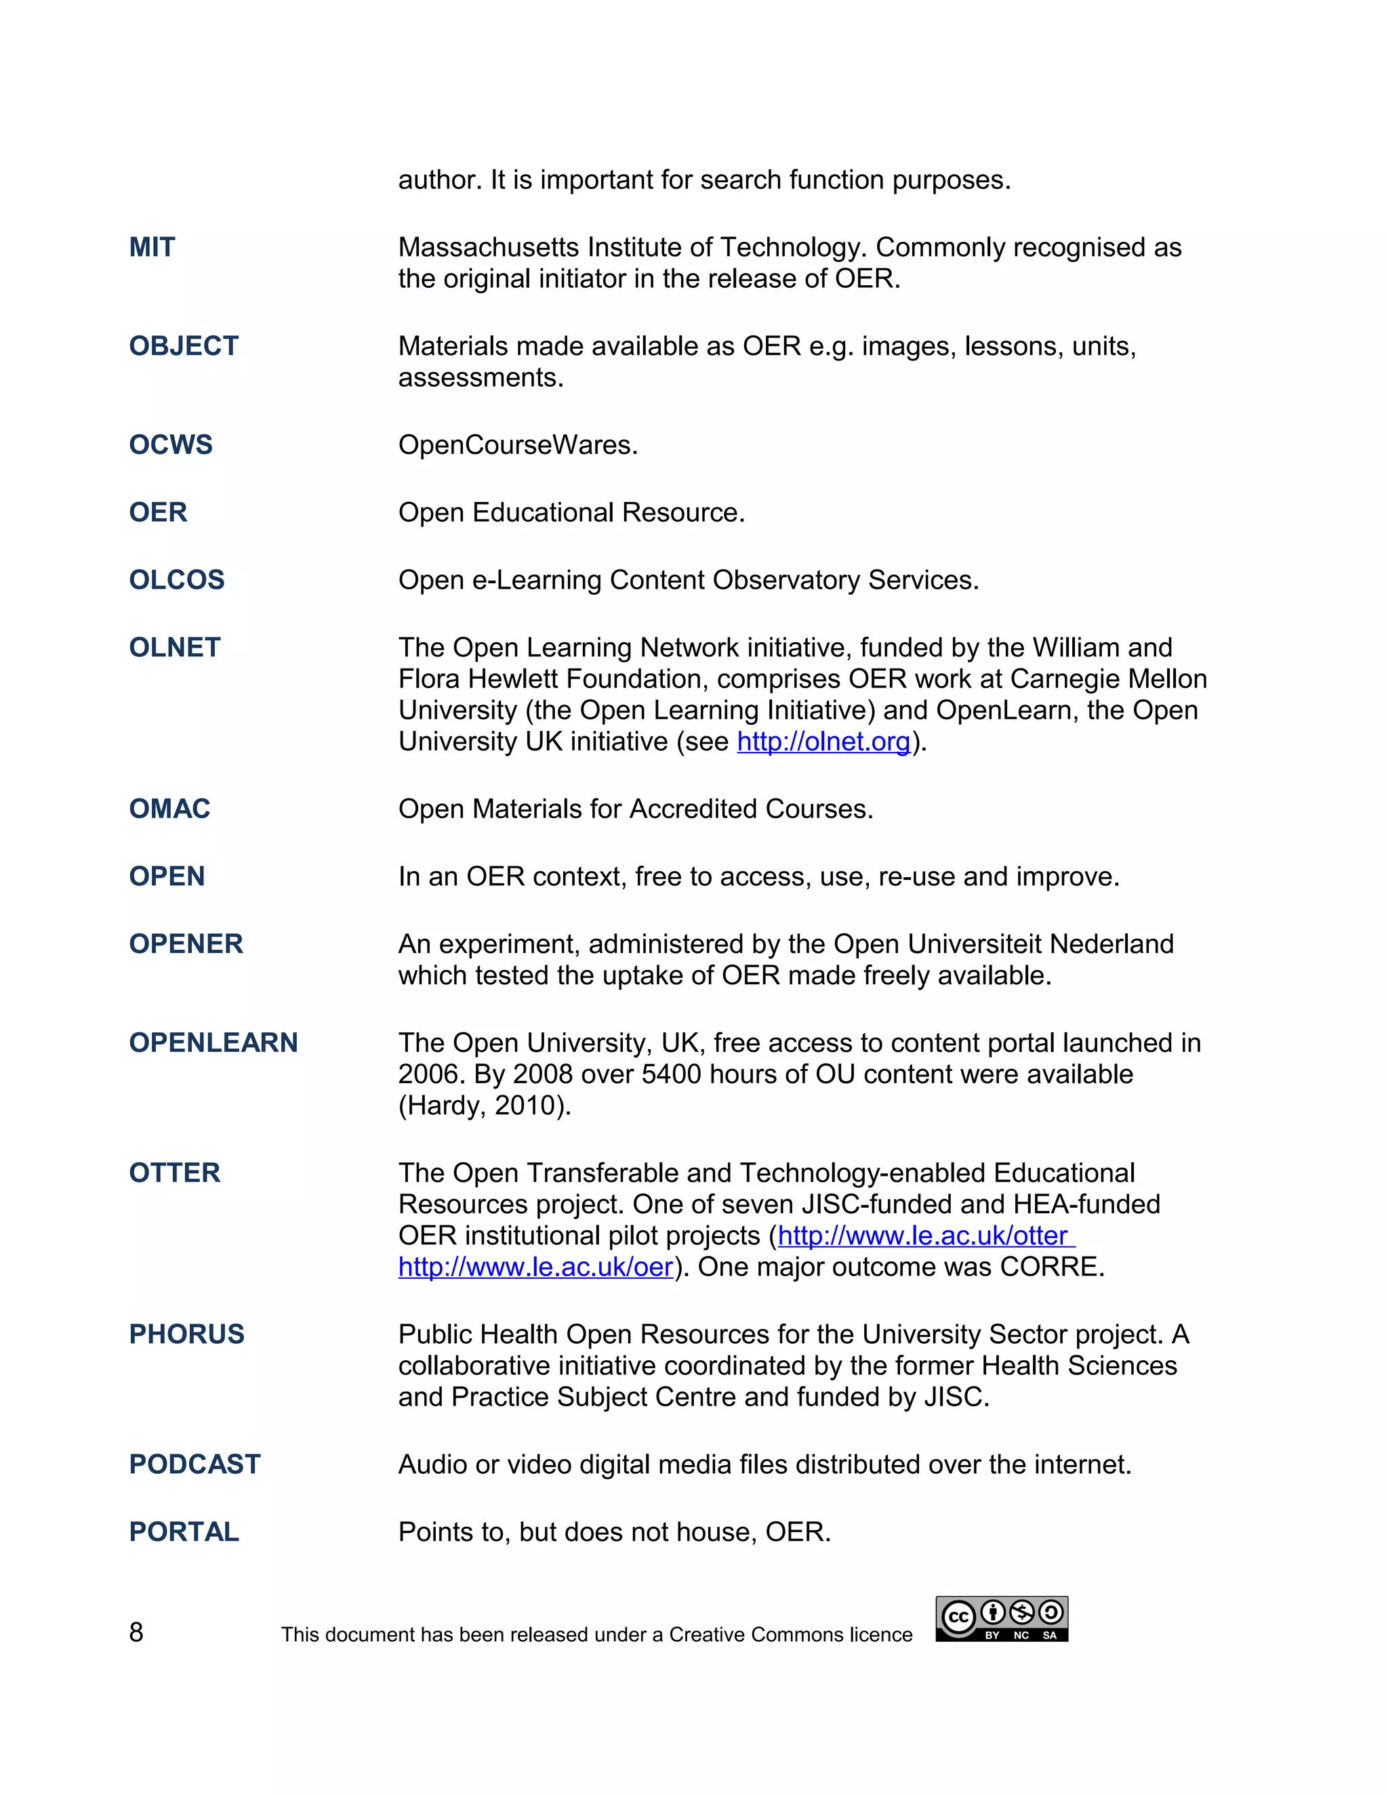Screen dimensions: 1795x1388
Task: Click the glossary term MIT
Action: [152, 247]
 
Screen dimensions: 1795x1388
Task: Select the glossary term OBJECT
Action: [184, 346]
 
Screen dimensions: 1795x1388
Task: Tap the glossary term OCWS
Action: [170, 444]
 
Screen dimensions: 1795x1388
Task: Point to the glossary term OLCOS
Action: [177, 580]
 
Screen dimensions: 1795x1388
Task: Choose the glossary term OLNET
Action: [174, 648]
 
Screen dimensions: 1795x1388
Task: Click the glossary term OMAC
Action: [169, 809]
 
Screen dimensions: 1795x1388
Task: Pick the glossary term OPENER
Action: [186, 944]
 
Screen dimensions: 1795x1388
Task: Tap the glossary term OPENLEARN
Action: [213, 1043]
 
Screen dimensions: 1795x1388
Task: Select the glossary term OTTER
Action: [174, 1173]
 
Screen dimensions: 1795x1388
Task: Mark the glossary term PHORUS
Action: [186, 1334]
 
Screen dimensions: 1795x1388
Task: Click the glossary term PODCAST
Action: [195, 1464]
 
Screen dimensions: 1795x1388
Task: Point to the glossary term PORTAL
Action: [184, 1532]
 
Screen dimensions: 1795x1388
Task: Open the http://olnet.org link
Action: [823, 742]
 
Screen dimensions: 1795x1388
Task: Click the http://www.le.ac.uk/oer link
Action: [535, 1267]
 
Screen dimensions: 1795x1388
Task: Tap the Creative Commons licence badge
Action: [1002, 1619]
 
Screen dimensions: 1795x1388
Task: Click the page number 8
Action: [136, 1632]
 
